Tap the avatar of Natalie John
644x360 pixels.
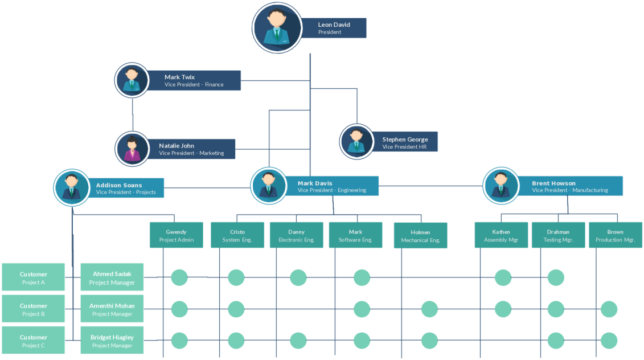(132, 149)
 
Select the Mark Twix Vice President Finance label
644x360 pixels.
(194, 81)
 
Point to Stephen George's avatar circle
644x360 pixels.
(356, 141)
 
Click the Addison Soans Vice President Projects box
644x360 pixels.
(126, 188)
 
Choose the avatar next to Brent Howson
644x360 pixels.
(501, 186)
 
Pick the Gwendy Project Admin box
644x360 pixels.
(176, 235)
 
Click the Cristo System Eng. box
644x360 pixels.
(237, 235)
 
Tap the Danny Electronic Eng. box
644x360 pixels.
(296, 235)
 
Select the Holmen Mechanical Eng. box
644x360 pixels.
(420, 236)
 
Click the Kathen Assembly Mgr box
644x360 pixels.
(501, 235)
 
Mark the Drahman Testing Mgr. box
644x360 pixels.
(558, 235)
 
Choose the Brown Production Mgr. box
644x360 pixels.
(615, 235)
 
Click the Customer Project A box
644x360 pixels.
(34, 277)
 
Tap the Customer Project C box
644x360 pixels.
(34, 341)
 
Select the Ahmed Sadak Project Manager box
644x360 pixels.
(112, 277)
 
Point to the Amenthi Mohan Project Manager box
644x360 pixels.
(112, 309)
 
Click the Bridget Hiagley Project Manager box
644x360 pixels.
(112, 341)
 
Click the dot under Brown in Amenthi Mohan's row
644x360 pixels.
(609, 309)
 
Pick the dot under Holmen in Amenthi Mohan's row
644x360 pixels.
(430, 309)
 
